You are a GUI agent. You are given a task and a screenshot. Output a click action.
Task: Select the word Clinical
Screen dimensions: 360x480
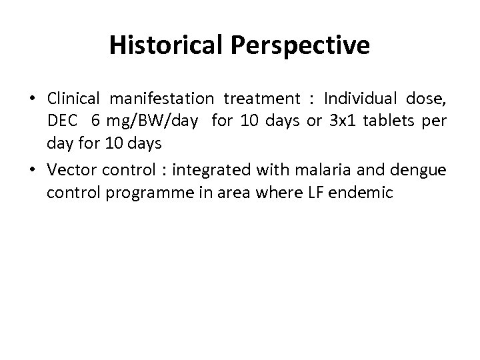click(x=73, y=99)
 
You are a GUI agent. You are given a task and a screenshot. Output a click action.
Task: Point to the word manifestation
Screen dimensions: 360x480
click(x=162, y=99)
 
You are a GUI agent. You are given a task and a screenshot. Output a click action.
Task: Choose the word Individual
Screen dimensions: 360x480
click(x=360, y=99)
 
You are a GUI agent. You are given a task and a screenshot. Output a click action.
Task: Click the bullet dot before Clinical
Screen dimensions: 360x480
click(x=33, y=100)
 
